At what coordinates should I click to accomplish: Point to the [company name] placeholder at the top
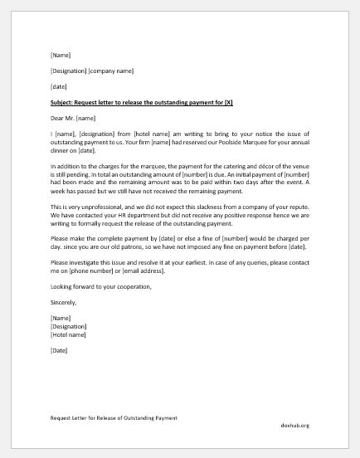[x=111, y=71]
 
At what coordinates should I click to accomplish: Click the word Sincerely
[x=65, y=304]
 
